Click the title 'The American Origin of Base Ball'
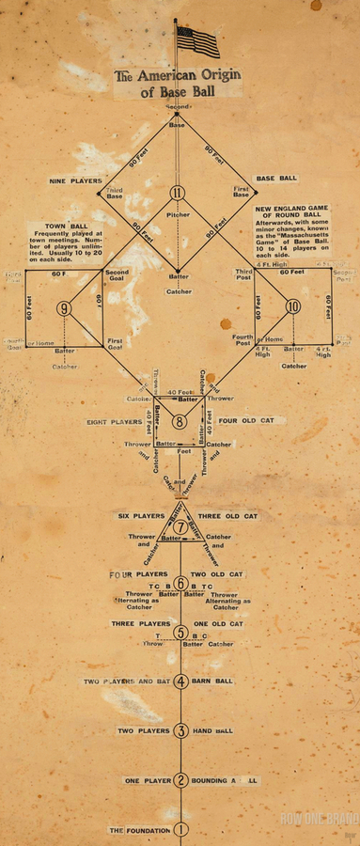click(176, 85)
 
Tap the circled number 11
click(178, 193)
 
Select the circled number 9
click(64, 307)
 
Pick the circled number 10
click(292, 306)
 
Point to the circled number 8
click(179, 422)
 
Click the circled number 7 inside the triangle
click(180, 526)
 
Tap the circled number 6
click(180, 584)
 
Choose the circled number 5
click(180, 632)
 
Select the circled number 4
click(180, 681)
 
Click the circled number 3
click(180, 730)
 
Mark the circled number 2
click(180, 780)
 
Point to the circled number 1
click(180, 830)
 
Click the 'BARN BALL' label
click(217, 681)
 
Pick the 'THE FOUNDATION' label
click(140, 830)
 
